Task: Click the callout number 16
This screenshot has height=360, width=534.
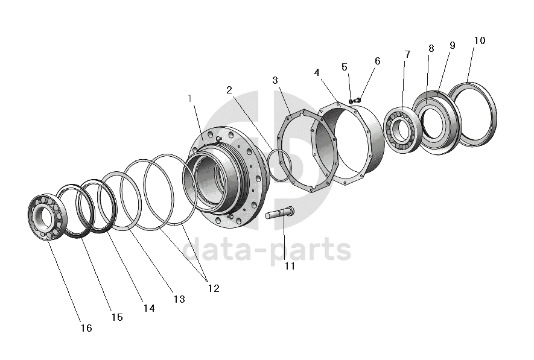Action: coord(86,328)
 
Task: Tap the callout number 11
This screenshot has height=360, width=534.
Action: coord(290,266)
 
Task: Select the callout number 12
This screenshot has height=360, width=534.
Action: coord(212,288)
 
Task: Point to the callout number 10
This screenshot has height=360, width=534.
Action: coord(479,41)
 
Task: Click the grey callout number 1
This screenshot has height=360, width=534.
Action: coord(190,98)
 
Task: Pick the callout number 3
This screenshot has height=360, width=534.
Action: coord(275,80)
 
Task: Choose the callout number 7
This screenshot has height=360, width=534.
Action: coord(407,54)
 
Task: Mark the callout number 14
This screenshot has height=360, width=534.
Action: coord(148,308)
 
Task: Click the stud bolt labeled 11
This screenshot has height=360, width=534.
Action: coord(279,213)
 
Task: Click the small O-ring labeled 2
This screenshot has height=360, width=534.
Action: coord(280,165)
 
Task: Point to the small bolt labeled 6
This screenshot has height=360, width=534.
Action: coord(358,99)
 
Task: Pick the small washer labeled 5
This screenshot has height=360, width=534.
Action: coord(351,101)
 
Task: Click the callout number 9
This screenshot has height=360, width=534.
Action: coord(452,45)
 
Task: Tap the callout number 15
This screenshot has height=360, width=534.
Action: coord(117,317)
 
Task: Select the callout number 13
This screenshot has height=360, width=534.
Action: coord(179,299)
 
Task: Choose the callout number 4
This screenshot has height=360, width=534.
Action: coord(317,72)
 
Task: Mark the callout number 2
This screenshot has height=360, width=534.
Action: coord(229,90)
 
